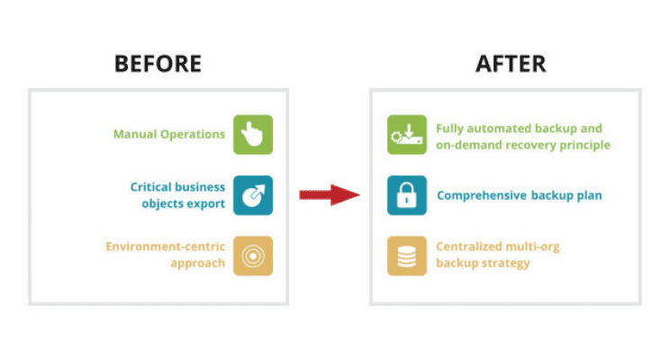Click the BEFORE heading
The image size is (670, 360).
(x=158, y=63)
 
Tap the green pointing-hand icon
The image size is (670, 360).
(x=253, y=134)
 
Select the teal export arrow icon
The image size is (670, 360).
(x=253, y=195)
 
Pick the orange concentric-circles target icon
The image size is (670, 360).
(x=253, y=256)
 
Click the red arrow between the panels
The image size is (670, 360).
(x=330, y=193)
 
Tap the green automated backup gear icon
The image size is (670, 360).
(x=406, y=135)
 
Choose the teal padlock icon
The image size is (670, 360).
(x=406, y=195)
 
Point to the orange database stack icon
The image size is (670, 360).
(x=406, y=256)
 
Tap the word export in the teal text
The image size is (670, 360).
(x=205, y=202)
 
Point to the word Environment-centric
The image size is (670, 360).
(x=165, y=247)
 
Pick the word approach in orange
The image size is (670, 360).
(x=197, y=263)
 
